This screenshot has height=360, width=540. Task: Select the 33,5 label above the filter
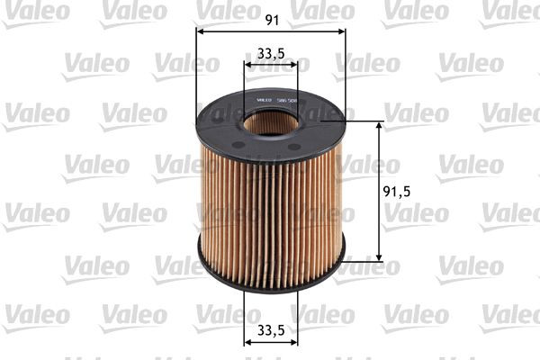click(x=271, y=53)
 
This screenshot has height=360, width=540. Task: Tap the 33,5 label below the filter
click(x=271, y=331)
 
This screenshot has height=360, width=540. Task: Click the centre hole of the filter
click(x=271, y=121)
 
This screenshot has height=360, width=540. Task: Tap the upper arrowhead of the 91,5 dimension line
click(x=378, y=125)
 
